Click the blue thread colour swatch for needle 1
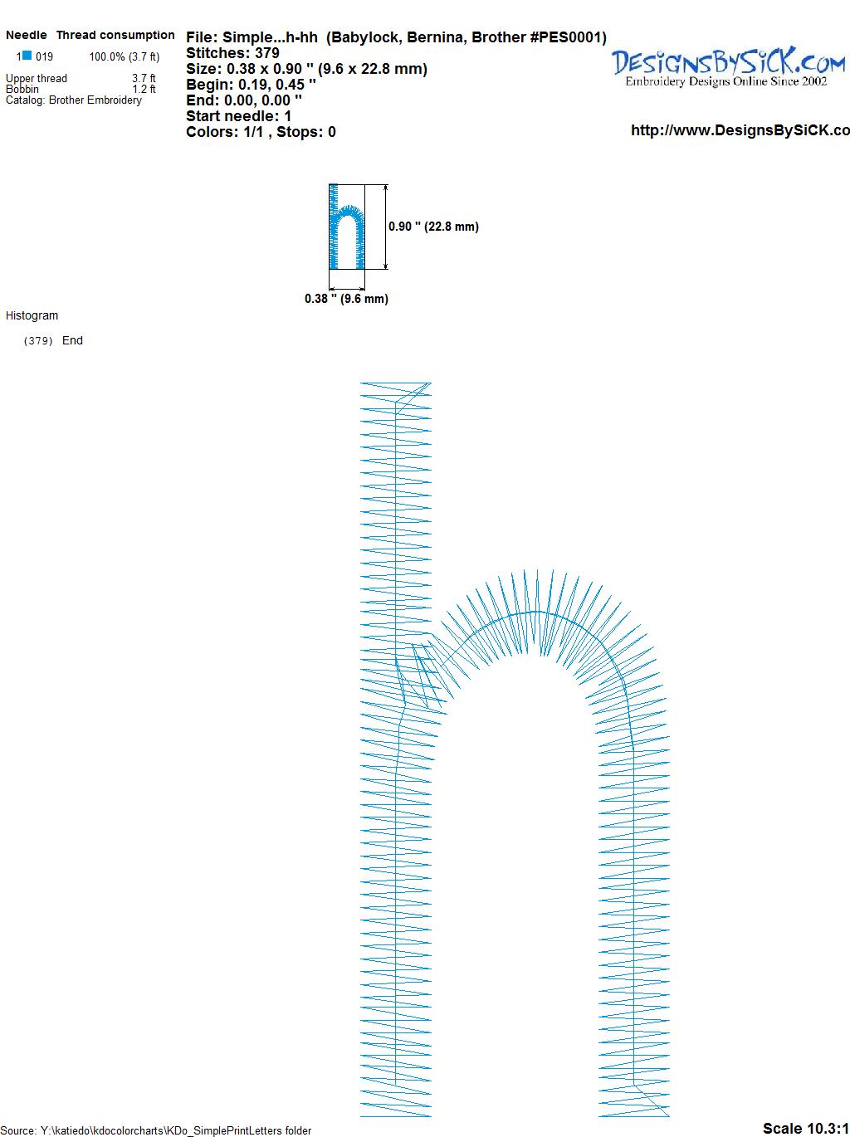27,55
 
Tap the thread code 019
44,56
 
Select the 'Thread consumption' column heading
115,35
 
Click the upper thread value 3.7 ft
144,78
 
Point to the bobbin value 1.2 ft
144,89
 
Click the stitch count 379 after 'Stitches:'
267,53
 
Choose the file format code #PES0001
568,37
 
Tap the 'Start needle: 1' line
239,116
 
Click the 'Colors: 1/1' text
225,132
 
